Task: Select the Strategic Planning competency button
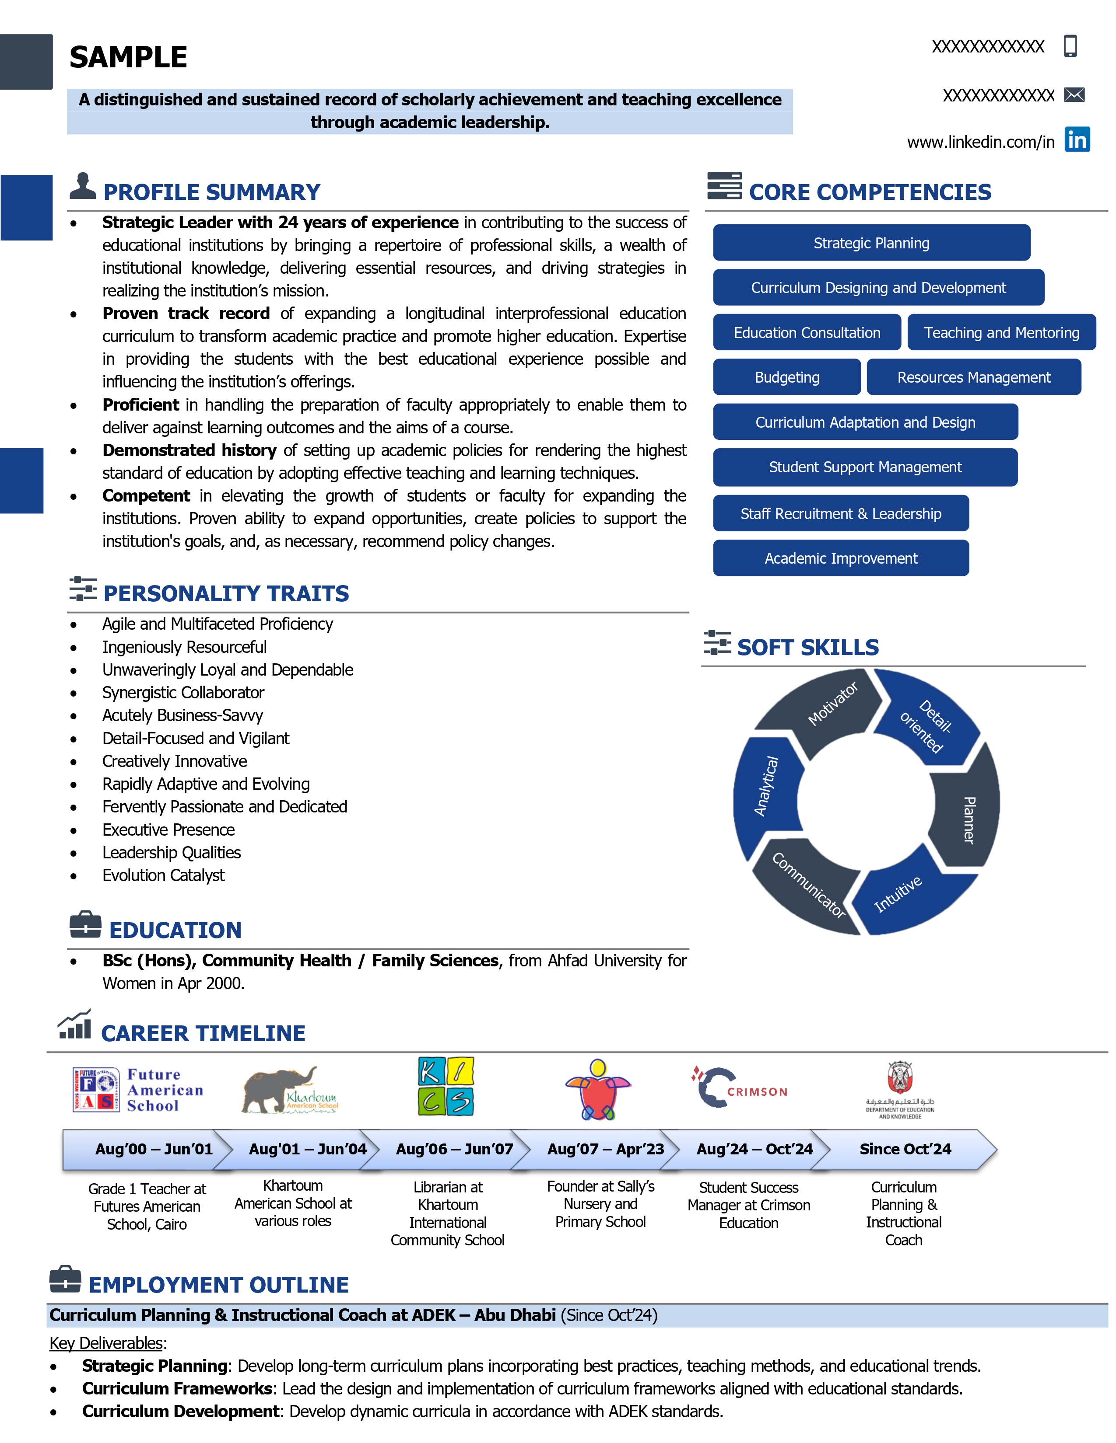(871, 243)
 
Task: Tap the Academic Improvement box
(840, 558)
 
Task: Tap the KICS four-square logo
(446, 1087)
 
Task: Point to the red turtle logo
(598, 1090)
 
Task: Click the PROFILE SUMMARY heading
(211, 192)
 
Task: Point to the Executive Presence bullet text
(168, 830)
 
